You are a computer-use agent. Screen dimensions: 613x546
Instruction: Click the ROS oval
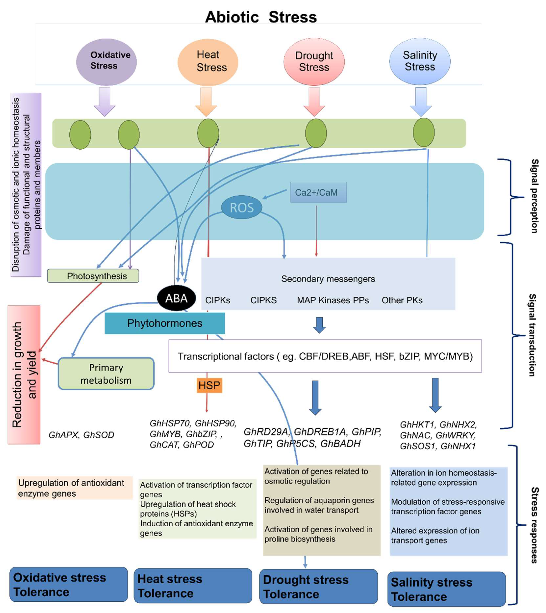241,207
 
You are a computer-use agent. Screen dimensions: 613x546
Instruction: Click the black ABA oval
176,298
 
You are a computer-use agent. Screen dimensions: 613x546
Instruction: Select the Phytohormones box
164,323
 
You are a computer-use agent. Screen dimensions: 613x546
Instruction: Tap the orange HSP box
209,385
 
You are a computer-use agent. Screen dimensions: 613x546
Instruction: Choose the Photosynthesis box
93,276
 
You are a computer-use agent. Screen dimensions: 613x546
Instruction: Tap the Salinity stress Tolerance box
446,589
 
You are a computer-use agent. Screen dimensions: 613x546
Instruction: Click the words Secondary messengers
328,279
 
